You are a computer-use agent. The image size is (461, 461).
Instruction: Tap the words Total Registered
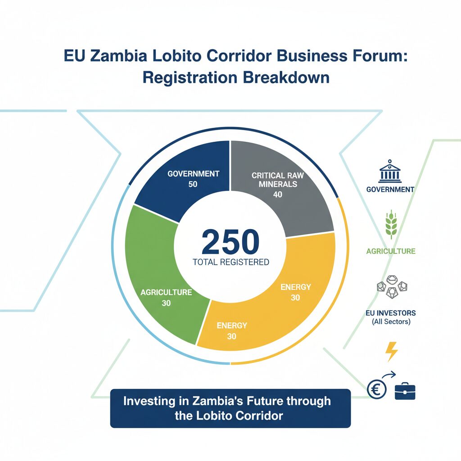pyautogui.click(x=230, y=262)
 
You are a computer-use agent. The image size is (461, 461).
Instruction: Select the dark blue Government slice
pyautogui.click(x=180, y=180)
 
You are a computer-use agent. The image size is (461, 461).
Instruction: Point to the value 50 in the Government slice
pyautogui.click(x=193, y=184)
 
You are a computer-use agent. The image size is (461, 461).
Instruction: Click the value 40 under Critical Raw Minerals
pyautogui.click(x=277, y=194)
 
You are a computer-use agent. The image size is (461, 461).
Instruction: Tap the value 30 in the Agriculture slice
pyautogui.click(x=166, y=303)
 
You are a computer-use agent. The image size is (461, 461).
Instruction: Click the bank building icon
pyautogui.click(x=390, y=172)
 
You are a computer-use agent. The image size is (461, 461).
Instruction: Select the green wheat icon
pyautogui.click(x=390, y=224)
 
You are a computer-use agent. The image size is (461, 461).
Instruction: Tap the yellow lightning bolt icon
pyautogui.click(x=392, y=352)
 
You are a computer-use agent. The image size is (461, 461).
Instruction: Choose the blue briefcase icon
pyautogui.click(x=405, y=391)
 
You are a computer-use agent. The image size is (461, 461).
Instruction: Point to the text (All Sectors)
pyautogui.click(x=391, y=322)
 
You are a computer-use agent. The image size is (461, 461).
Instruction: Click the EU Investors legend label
pyautogui.click(x=391, y=312)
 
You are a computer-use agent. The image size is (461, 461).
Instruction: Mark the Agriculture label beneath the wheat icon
pyautogui.click(x=391, y=251)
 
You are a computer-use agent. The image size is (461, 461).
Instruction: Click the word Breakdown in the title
pyautogui.click(x=286, y=77)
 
